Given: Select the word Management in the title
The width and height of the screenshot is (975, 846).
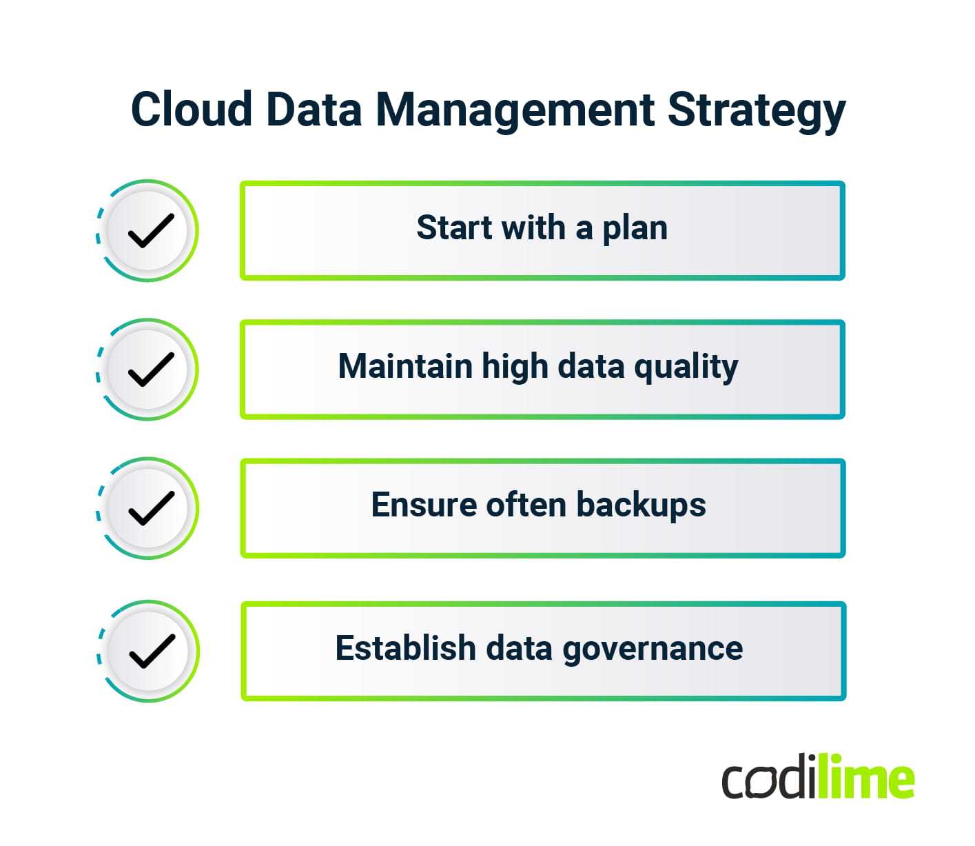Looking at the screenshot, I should coord(515,110).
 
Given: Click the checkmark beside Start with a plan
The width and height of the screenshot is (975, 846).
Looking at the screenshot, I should coord(151,230).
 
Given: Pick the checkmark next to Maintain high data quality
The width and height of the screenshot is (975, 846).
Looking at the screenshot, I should coord(151,369).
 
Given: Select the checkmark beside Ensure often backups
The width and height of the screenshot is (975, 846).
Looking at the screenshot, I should coord(151,508).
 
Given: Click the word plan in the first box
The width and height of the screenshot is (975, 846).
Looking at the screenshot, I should coord(635,229).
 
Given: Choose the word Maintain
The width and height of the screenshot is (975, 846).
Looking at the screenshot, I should coord(404,366).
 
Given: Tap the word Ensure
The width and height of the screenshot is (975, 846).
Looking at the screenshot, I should coord(424,505).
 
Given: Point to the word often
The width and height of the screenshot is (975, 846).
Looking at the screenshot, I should coord(526,505).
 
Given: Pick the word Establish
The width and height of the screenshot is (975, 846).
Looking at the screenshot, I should coord(405,648).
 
